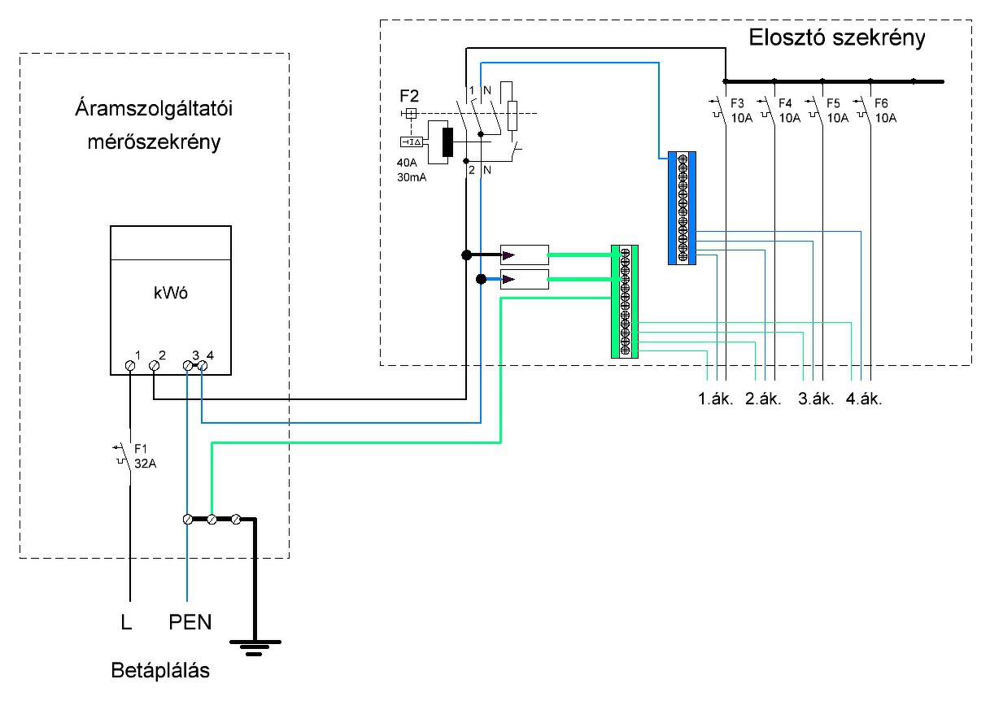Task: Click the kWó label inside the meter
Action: tap(170, 294)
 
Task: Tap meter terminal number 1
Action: tap(130, 367)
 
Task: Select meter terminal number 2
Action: tap(154, 367)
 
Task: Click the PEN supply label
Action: tap(190, 624)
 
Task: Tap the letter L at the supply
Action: tap(126, 624)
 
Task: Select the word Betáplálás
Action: tap(161, 672)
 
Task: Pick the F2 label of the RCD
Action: tap(410, 96)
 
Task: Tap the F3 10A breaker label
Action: tap(737, 111)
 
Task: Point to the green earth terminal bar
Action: tap(625, 301)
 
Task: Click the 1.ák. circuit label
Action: tap(717, 399)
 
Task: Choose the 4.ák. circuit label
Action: tap(863, 399)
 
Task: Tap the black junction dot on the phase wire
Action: tap(467, 255)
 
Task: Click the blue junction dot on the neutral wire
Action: tap(481, 280)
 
